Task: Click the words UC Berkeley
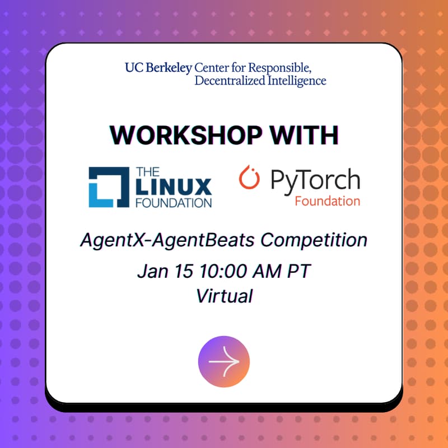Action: click(x=158, y=68)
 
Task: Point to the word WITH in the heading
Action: click(x=305, y=135)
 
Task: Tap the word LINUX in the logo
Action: click(x=172, y=186)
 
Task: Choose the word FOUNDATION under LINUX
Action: click(x=172, y=202)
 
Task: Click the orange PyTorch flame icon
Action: click(x=250, y=178)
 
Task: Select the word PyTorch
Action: click(x=315, y=180)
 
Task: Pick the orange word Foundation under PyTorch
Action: click(x=327, y=200)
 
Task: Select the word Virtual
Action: click(x=224, y=296)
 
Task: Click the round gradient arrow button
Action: click(x=224, y=361)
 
